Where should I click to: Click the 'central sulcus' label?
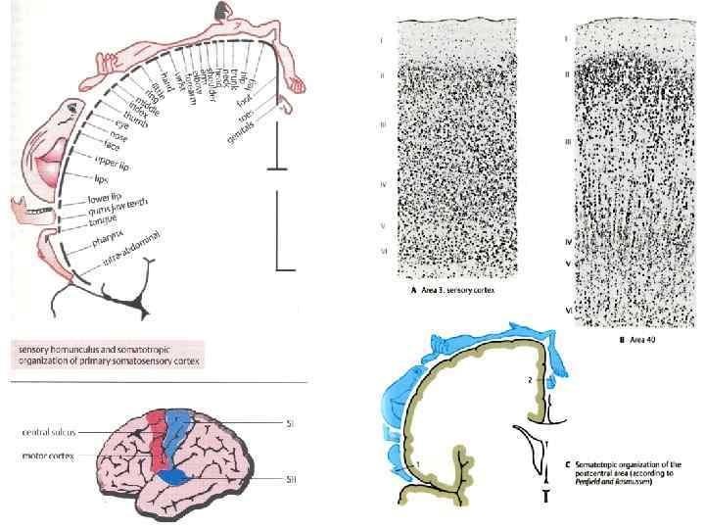[x=52, y=431]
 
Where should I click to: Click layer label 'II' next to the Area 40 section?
[x=567, y=73]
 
